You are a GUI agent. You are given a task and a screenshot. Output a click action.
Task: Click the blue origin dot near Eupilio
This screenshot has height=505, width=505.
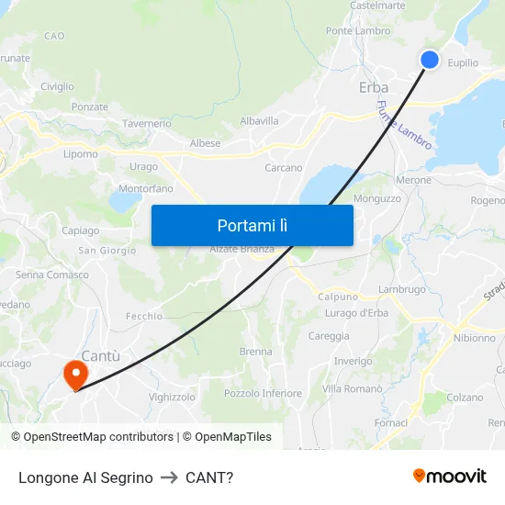point(430,60)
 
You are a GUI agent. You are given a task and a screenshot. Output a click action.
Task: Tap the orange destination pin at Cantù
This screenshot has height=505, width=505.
point(74,374)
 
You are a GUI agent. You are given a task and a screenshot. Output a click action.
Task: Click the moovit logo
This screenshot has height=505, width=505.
point(450,477)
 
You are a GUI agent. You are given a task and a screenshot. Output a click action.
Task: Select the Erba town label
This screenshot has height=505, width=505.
point(373,88)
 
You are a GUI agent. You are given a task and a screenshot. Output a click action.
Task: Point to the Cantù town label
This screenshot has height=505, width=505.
point(101,355)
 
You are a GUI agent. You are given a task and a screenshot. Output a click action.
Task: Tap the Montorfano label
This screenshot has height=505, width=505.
point(146,189)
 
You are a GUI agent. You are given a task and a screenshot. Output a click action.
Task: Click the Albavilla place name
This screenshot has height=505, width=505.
point(259,121)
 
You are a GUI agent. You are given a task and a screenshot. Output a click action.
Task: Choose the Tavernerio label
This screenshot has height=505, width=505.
point(147,123)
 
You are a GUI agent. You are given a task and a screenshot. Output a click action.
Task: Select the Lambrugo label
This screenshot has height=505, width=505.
point(402,290)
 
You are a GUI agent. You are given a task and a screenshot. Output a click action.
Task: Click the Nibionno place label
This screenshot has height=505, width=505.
point(474,338)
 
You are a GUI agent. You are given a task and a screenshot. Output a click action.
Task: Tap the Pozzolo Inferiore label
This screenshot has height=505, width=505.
point(263,394)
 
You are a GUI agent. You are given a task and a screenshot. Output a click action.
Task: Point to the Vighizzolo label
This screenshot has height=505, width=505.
point(172,398)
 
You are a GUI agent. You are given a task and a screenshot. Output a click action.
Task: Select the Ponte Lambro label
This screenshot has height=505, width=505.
point(358,31)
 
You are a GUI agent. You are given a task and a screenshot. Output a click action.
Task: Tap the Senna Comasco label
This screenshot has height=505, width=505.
point(52,275)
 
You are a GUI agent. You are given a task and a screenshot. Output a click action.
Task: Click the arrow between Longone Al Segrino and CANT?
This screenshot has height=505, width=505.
point(169,477)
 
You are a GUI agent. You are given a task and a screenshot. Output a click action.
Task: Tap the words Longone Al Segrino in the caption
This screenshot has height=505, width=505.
point(85,477)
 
